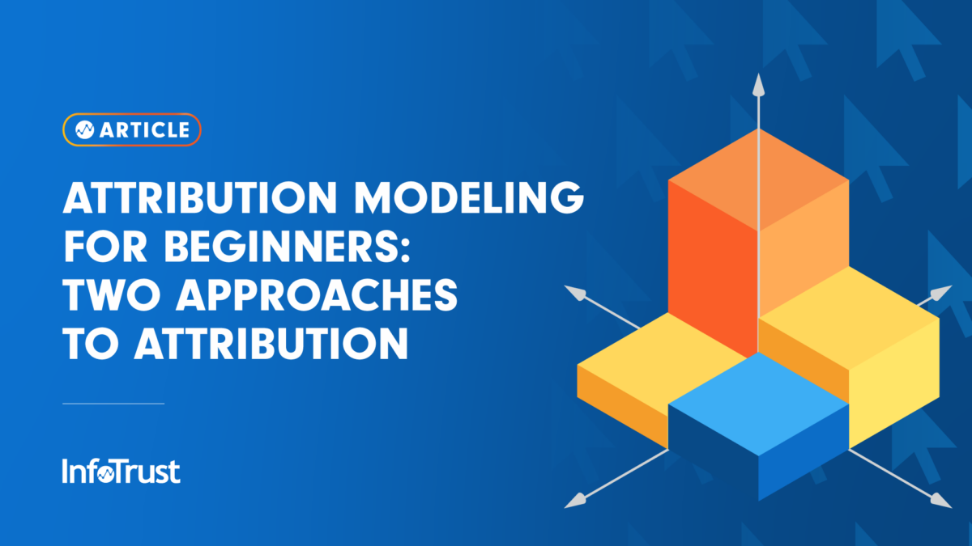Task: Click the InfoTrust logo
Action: (121, 472)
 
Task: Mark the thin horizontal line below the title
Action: (113, 403)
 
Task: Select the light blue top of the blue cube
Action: (758, 392)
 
